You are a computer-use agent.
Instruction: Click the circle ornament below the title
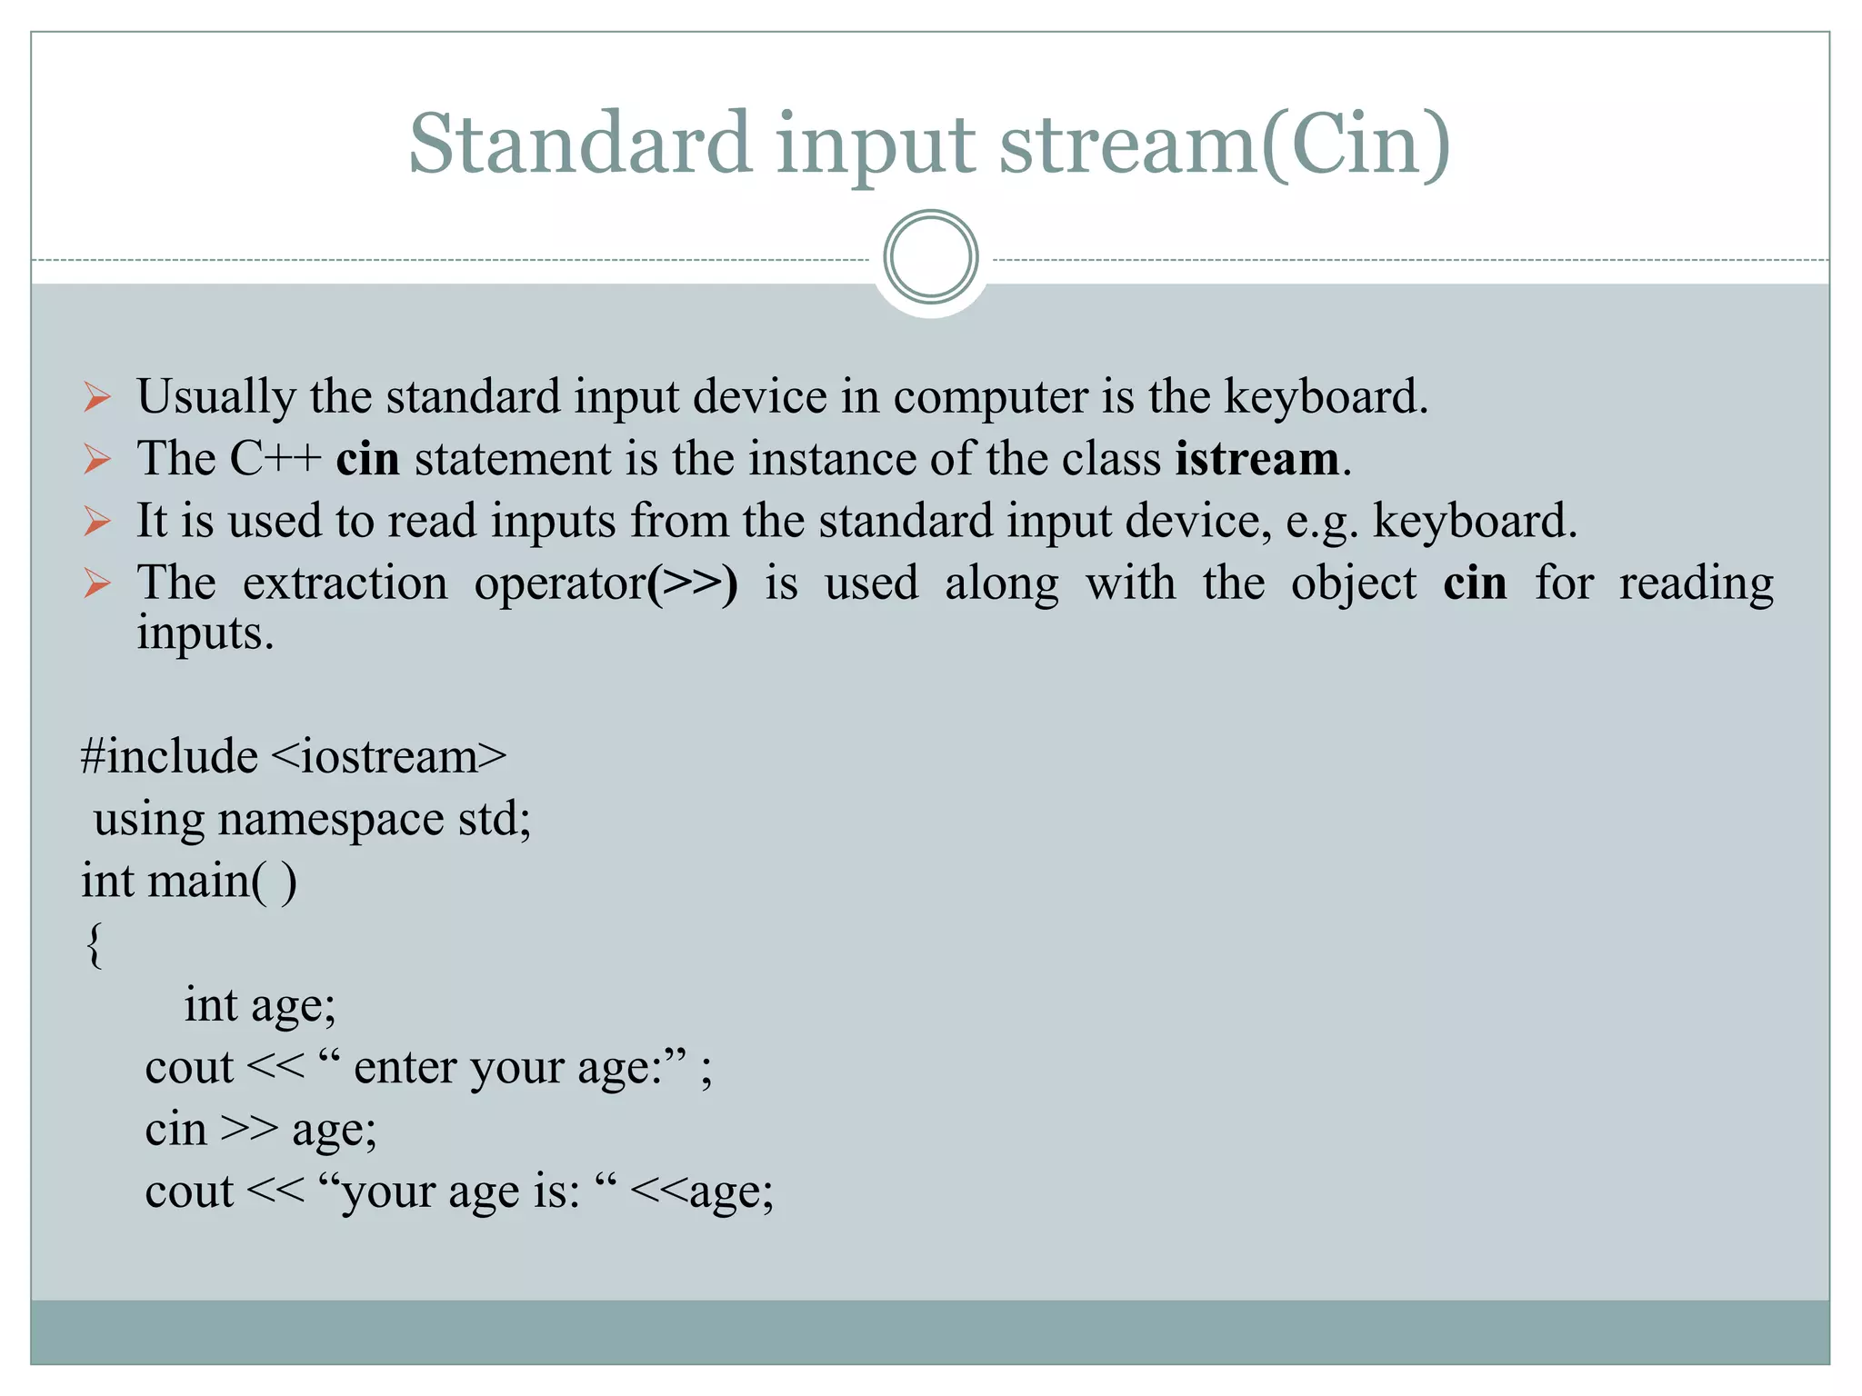click(930, 256)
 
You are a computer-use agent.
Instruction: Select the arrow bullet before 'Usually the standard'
click(97, 397)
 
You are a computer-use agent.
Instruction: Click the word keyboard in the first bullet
click(1325, 397)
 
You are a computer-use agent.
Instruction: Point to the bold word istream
click(1256, 459)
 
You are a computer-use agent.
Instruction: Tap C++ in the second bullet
click(275, 459)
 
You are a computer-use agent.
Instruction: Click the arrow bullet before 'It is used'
click(97, 522)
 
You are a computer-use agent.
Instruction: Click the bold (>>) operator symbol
click(693, 583)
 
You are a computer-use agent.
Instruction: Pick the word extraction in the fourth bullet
click(345, 583)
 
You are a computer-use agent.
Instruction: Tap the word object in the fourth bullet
click(1354, 583)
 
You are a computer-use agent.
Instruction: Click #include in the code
click(169, 757)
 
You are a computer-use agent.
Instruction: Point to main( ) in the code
click(222, 882)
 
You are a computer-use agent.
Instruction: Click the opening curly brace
click(95, 945)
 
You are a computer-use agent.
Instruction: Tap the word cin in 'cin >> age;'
click(176, 1130)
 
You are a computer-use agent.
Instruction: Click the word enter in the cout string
click(405, 1068)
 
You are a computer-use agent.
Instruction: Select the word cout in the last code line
click(189, 1192)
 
